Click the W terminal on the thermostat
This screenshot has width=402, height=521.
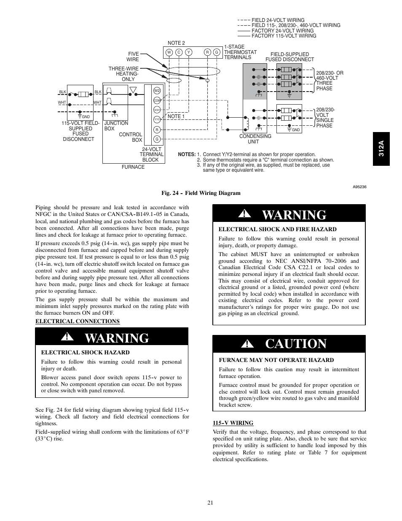click(169, 52)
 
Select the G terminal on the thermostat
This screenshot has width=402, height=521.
click(217, 52)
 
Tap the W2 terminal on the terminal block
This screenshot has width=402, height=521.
click(157, 91)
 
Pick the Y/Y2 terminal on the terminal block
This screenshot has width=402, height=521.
click(157, 119)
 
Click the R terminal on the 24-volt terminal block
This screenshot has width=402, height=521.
click(157, 130)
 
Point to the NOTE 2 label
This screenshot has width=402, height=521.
click(176, 43)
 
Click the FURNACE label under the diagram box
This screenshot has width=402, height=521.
click(133, 167)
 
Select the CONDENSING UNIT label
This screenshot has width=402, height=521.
click(255, 139)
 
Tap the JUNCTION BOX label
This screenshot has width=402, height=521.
click(116, 126)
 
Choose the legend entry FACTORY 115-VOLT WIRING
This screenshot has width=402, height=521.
click(284, 36)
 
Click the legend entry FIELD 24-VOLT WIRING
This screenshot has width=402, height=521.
click(278, 20)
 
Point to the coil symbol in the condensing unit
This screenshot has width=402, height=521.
click(247, 123)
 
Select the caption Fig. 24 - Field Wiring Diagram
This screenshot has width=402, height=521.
click(201, 193)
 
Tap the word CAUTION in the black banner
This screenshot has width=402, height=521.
click(296, 344)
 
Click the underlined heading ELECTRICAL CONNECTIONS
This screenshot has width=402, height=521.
click(78, 321)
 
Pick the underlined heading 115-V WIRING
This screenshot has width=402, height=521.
click(233, 423)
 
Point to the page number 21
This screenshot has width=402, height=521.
click(210, 502)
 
